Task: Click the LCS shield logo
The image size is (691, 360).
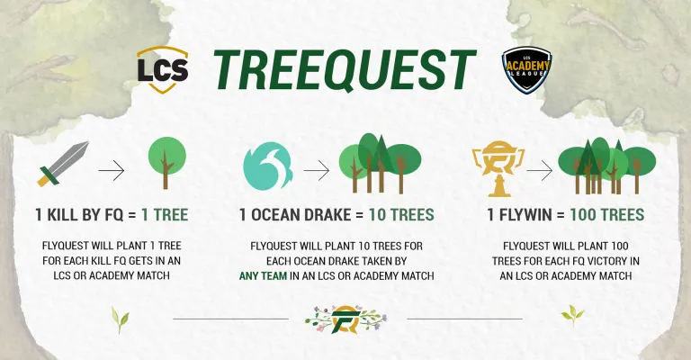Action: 163,69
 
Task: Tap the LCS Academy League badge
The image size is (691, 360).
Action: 527,70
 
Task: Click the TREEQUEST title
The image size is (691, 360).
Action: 345,69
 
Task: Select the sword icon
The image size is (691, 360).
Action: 63,164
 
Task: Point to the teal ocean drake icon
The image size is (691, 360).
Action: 267,166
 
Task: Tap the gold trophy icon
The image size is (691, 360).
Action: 498,168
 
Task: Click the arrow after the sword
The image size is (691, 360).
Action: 112,170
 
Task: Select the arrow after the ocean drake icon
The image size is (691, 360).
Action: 317,170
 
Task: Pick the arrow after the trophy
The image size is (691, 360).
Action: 540,170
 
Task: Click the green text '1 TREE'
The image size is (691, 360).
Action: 165,215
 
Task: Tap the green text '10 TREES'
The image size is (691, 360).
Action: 401,215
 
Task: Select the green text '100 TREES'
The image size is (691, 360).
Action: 606,215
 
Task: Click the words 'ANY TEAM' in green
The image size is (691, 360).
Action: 263,276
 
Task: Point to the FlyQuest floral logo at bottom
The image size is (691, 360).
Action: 345,319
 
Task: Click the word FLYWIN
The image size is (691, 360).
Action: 525,215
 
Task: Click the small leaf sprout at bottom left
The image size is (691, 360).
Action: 121,319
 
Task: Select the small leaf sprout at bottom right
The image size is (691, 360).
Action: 572,315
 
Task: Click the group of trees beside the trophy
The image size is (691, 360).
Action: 606,166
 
